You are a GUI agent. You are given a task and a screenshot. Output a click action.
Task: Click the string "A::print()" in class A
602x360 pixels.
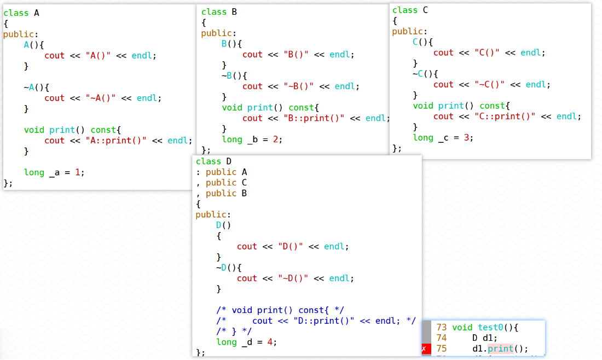(x=116, y=141)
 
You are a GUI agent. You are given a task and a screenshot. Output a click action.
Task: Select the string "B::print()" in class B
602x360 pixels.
(x=314, y=118)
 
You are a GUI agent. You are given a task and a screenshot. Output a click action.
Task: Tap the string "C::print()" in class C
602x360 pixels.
(x=505, y=117)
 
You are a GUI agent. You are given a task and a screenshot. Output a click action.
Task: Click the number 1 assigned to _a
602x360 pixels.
(x=78, y=172)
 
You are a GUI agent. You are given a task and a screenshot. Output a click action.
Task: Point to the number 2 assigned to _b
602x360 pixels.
(x=275, y=140)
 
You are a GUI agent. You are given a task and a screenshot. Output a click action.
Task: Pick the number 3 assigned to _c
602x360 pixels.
(x=466, y=137)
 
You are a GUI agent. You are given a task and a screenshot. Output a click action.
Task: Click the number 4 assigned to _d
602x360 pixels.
(x=270, y=342)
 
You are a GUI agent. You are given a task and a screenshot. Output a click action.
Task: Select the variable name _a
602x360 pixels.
(x=55, y=173)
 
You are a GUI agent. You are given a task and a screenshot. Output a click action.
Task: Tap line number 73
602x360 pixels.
(x=442, y=327)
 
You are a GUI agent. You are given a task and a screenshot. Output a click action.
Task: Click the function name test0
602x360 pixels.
(x=490, y=327)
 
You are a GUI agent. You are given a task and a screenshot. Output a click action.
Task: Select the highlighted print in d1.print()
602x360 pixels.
(x=501, y=349)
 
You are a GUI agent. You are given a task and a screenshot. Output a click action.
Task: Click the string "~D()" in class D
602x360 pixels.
(x=293, y=278)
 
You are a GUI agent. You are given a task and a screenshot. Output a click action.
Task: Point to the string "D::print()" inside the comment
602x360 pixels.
(x=324, y=321)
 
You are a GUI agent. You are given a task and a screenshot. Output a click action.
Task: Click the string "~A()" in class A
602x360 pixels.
(x=101, y=98)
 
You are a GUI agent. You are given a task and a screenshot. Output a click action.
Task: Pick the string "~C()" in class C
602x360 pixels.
(x=489, y=84)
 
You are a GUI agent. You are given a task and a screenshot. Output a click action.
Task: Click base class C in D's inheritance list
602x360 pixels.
(x=244, y=183)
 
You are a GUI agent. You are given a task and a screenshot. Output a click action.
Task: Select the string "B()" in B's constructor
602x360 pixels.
(x=296, y=55)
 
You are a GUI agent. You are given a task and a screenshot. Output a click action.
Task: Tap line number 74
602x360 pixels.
(x=442, y=338)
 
